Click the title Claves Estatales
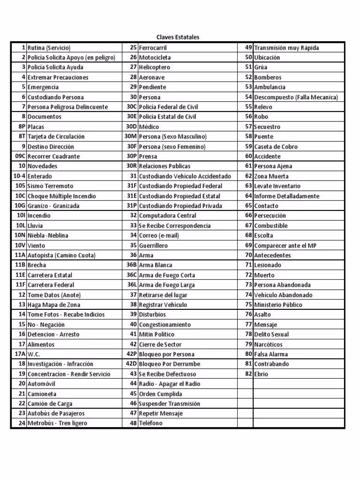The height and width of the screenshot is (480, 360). [178, 37]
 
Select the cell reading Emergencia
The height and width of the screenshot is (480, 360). [43, 87]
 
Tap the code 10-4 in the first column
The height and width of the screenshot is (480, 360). [19, 176]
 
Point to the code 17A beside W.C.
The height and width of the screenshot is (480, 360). [20, 354]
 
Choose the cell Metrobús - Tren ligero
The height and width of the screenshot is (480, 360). [57, 423]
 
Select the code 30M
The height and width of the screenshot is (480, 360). [130, 136]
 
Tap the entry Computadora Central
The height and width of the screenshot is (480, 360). [168, 216]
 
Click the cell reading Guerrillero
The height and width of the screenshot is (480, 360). [153, 245]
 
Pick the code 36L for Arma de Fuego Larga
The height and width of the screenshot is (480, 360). [131, 285]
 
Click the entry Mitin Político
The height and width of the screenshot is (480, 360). [157, 334]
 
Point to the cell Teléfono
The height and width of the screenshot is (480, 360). [151, 423]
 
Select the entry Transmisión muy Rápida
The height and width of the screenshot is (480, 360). [286, 48]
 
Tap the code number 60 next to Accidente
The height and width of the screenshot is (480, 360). [248, 156]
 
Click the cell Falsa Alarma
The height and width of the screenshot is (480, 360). [271, 354]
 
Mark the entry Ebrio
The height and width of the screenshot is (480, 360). [261, 374]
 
